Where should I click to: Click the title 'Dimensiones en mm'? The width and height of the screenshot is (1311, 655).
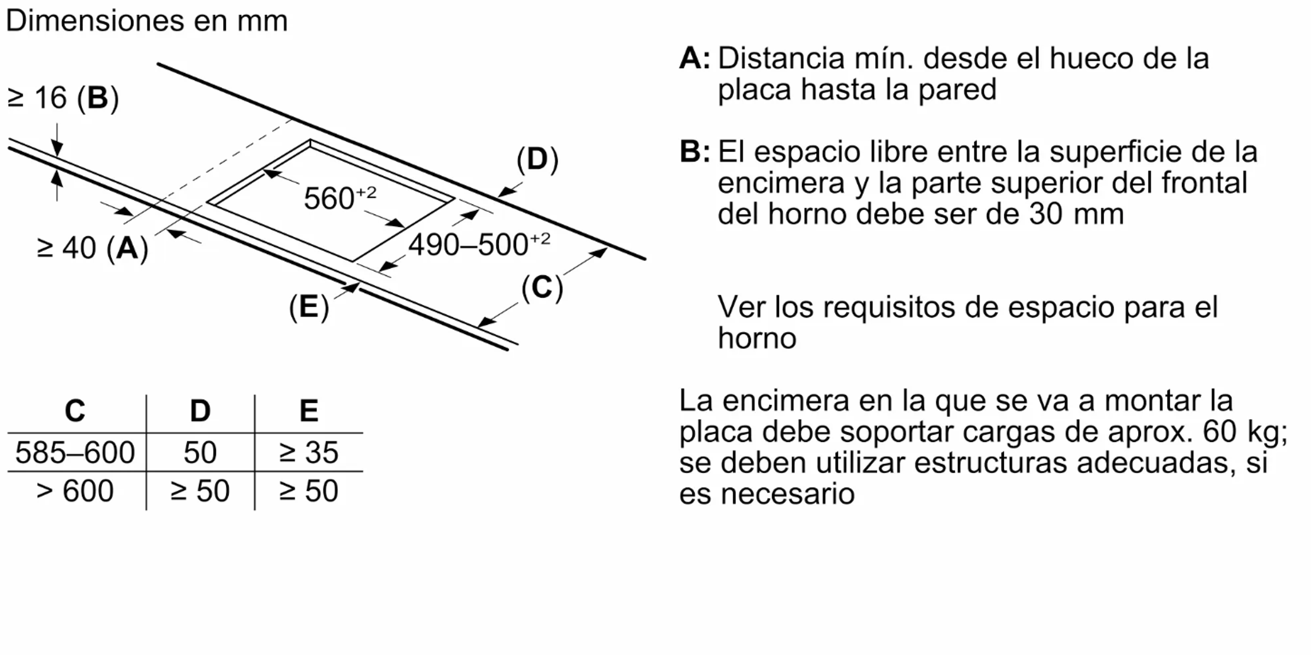[x=146, y=21]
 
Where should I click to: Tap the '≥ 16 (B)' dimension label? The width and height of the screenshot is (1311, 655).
[x=63, y=98]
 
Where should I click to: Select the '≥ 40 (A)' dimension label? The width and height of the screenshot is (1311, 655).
[x=92, y=248]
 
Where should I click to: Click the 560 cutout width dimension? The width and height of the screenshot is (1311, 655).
[x=340, y=197]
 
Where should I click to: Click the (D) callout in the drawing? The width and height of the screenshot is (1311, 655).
[x=537, y=159]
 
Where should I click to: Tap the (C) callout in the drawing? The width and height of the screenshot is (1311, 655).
[x=542, y=287]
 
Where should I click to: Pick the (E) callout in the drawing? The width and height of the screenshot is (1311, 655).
[x=309, y=306]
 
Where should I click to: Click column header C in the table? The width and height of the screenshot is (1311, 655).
[x=75, y=410]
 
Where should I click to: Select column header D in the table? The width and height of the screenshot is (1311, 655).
[x=200, y=410]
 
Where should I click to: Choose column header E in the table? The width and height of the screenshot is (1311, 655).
[x=309, y=410]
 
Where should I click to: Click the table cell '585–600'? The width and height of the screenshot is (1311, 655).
[x=75, y=452]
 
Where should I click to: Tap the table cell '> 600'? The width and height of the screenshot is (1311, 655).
[x=75, y=491]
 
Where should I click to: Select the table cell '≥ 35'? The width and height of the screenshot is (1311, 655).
[x=309, y=452]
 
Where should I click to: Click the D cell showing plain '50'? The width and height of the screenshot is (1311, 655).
[x=200, y=452]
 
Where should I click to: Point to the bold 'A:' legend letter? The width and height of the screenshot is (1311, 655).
[x=695, y=58]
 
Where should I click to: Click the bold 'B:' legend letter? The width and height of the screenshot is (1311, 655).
[x=695, y=152]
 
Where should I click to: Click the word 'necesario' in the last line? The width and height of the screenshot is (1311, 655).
[x=787, y=495]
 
